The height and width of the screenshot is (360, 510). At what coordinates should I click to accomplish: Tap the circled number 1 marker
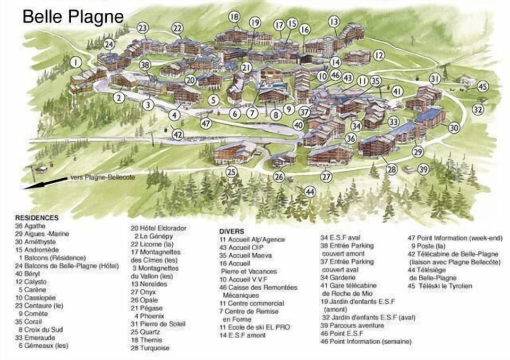click(x=76, y=62)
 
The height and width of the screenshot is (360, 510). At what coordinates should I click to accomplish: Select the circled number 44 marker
click(x=310, y=191)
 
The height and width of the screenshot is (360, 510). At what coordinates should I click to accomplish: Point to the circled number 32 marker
click(x=478, y=110)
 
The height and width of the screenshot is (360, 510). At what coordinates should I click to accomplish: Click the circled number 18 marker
click(x=234, y=17)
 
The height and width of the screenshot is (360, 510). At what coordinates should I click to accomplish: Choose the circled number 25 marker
click(x=231, y=172)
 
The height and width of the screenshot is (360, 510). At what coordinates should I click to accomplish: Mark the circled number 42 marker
click(x=178, y=135)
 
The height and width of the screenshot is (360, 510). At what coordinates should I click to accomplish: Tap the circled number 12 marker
click(x=378, y=55)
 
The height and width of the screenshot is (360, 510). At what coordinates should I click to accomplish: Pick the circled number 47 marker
click(x=206, y=123)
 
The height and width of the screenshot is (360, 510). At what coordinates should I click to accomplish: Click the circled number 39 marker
click(x=423, y=169)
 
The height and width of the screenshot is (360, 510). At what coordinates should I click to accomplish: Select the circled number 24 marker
click(x=108, y=44)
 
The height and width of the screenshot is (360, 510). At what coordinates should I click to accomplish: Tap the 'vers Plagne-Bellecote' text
click(x=102, y=178)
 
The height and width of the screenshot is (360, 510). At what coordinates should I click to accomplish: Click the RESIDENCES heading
click(x=37, y=218)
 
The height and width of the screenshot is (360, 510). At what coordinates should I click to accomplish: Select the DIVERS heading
click(x=232, y=232)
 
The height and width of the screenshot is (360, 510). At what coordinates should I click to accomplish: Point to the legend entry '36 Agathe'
click(x=35, y=226)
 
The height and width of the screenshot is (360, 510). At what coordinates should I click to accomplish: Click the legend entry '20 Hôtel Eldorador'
click(x=159, y=228)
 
